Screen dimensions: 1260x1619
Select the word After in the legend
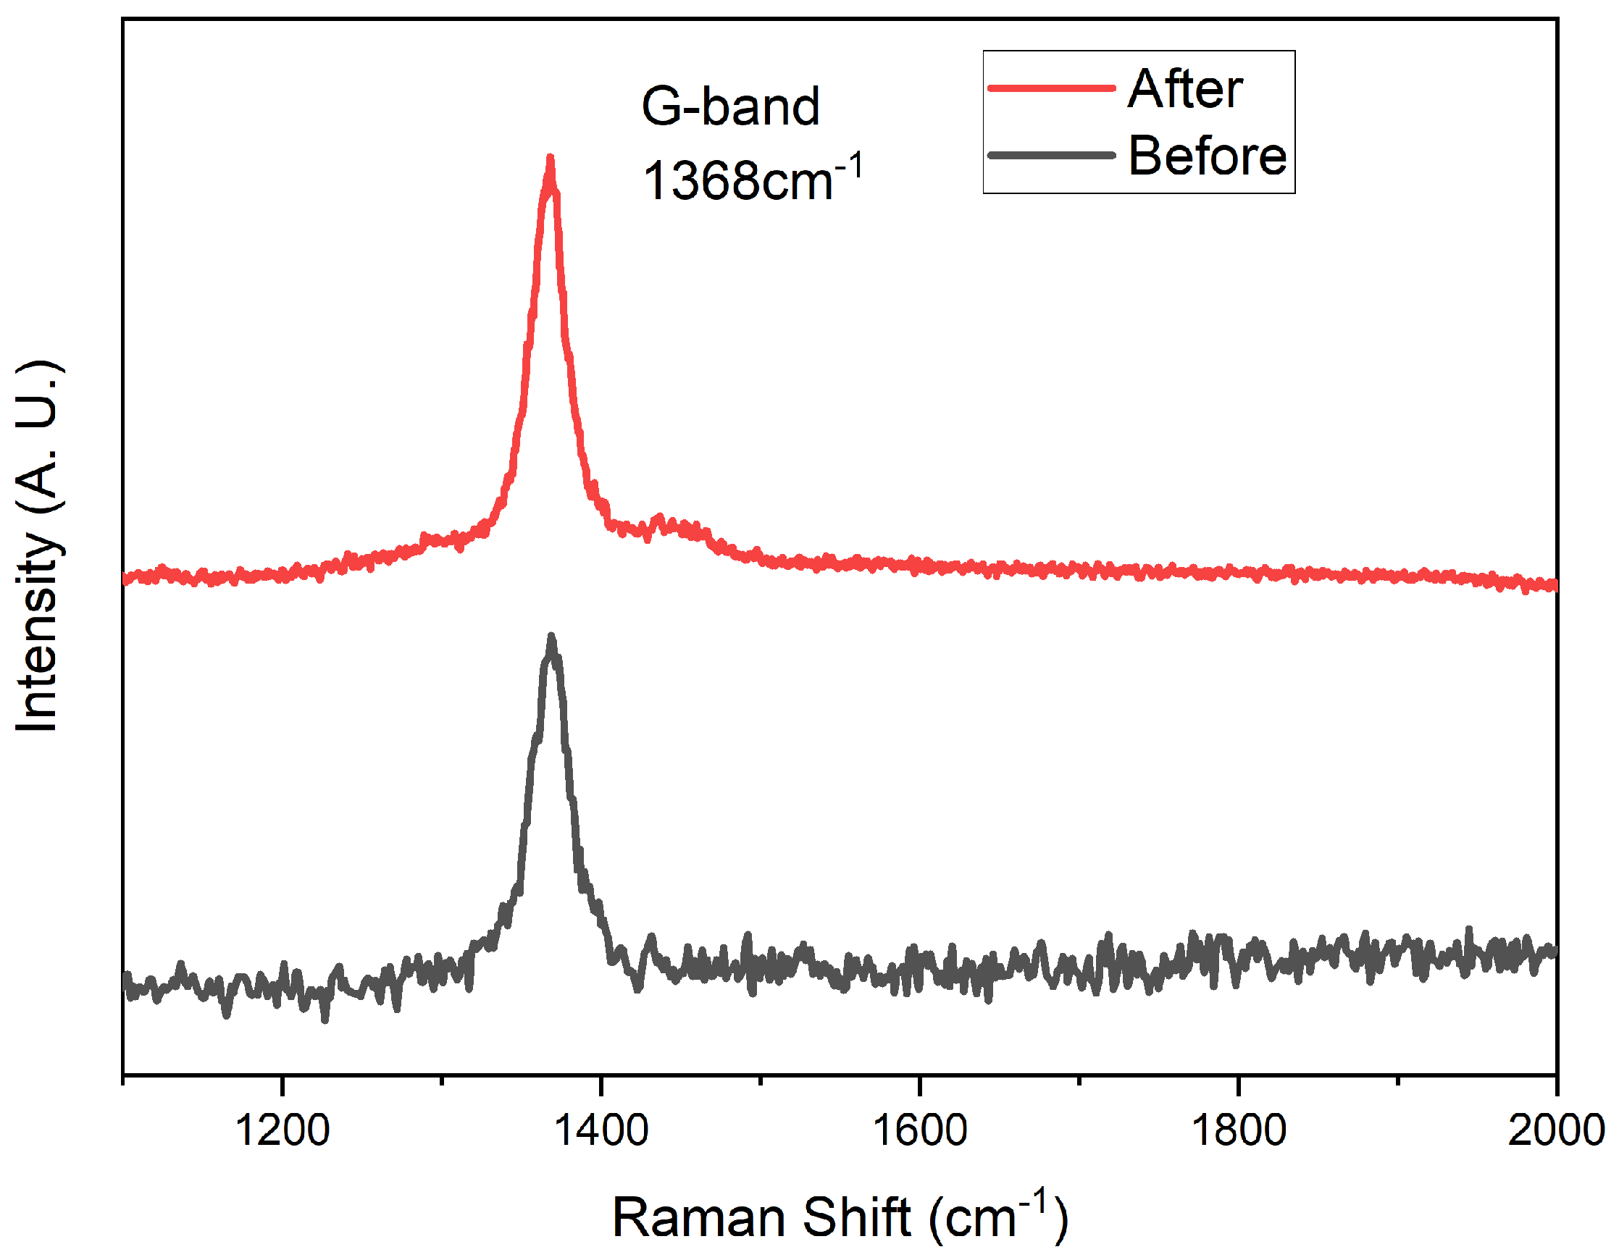tap(1184, 89)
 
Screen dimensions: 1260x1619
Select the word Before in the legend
tap(1207, 156)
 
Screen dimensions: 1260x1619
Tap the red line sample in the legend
tap(1051, 88)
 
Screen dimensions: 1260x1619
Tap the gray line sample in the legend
tap(1051, 156)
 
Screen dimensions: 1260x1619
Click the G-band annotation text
tap(730, 106)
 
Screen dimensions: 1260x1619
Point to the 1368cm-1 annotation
tap(751, 180)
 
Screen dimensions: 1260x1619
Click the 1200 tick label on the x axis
tap(282, 1131)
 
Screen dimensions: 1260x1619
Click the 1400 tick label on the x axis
tap(601, 1131)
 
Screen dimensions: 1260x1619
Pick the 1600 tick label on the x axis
tap(919, 1131)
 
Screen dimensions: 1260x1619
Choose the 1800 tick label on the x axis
tap(1238, 1131)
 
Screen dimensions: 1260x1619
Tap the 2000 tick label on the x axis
tap(1555, 1131)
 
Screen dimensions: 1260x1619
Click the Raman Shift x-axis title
tap(839, 1217)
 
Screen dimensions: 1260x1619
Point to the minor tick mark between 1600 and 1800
tap(1079, 1080)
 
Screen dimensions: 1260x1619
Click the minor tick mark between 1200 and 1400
tap(442, 1080)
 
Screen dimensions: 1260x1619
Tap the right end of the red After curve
tap(1554, 586)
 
